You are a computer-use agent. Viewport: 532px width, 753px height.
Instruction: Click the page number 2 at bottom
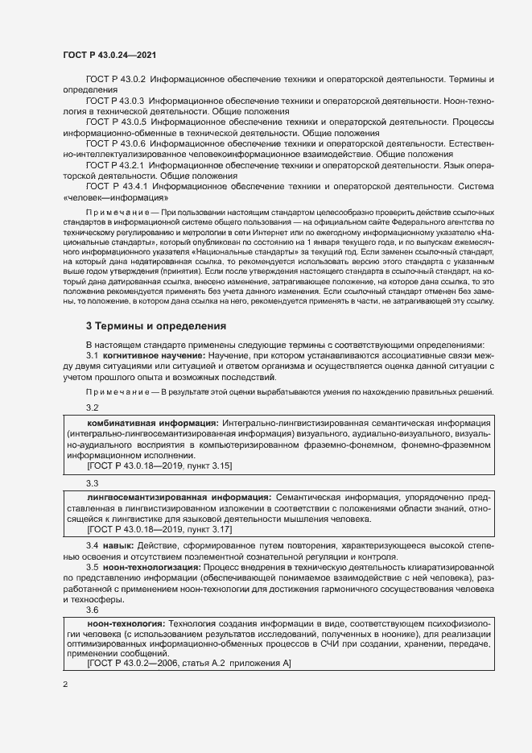pos(65,685)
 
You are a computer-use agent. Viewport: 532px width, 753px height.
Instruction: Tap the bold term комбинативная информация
pos(151,423)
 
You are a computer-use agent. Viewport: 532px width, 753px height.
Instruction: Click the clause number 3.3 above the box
pos(92,483)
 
